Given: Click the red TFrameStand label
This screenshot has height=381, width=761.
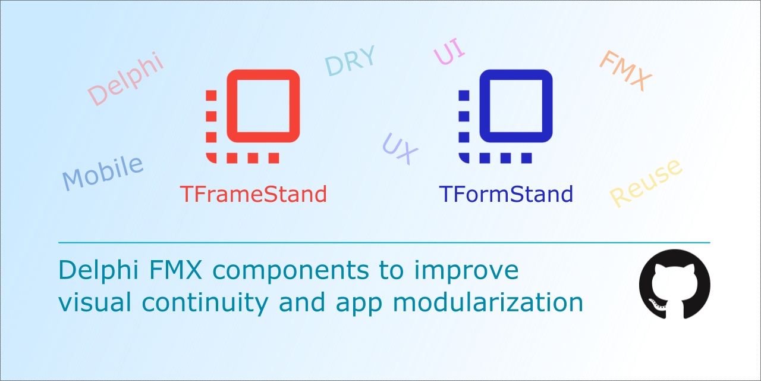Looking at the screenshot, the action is pos(253,194).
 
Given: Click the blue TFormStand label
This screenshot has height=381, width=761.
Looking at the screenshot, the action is pos(506,194).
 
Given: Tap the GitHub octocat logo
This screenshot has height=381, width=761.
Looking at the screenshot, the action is pos(674,285).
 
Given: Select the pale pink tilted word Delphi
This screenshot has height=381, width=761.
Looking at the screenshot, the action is pos(125,79).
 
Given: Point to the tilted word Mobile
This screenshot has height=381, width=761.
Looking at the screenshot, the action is pos(103,173).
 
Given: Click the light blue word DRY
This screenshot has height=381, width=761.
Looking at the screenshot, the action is pos(350,61).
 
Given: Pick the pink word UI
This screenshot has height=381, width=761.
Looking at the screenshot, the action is pos(449,51).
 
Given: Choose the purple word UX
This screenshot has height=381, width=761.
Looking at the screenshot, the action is pos(400,149).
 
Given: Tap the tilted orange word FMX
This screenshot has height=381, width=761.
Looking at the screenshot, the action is pos(625,70).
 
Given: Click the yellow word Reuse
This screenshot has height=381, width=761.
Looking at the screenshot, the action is pos(646,183).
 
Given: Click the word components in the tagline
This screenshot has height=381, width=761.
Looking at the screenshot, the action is pos(291,271).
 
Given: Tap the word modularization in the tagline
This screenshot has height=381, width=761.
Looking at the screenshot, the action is pos(488,302).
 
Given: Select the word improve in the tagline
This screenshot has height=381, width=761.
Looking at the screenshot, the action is pos(466,271).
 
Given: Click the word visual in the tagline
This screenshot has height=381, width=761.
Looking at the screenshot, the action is pos(95,302).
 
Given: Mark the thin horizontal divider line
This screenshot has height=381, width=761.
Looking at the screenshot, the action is pos(384,242).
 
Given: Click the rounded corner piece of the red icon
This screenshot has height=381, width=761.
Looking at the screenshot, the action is pos(210,158).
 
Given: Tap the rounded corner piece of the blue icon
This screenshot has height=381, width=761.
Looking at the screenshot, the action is pos(463,158).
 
